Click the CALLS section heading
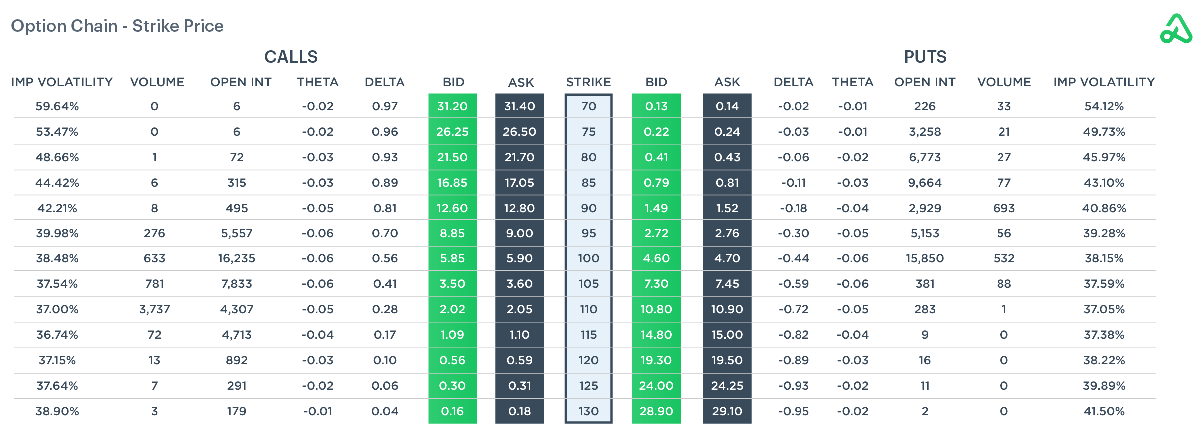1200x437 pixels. (x=291, y=57)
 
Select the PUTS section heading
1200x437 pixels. (x=925, y=57)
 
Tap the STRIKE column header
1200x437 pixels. (x=588, y=82)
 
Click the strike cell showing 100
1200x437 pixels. (x=588, y=258)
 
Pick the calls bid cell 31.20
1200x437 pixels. (x=452, y=106)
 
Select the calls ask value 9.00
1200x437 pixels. (x=519, y=233)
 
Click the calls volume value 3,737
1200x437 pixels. (x=154, y=309)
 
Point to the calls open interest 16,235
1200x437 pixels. (x=236, y=258)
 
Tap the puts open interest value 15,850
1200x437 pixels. (x=924, y=258)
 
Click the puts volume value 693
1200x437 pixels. (x=1003, y=208)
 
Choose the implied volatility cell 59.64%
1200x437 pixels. (x=57, y=106)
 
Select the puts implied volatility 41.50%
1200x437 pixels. (x=1104, y=411)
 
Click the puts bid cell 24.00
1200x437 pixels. (x=656, y=386)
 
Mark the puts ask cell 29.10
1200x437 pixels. (x=727, y=411)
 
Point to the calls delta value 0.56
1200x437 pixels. (x=385, y=258)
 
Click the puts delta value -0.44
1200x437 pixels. (x=793, y=258)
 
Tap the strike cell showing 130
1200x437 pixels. (x=588, y=411)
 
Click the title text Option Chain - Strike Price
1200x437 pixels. (x=117, y=26)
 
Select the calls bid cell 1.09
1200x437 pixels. (x=452, y=335)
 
